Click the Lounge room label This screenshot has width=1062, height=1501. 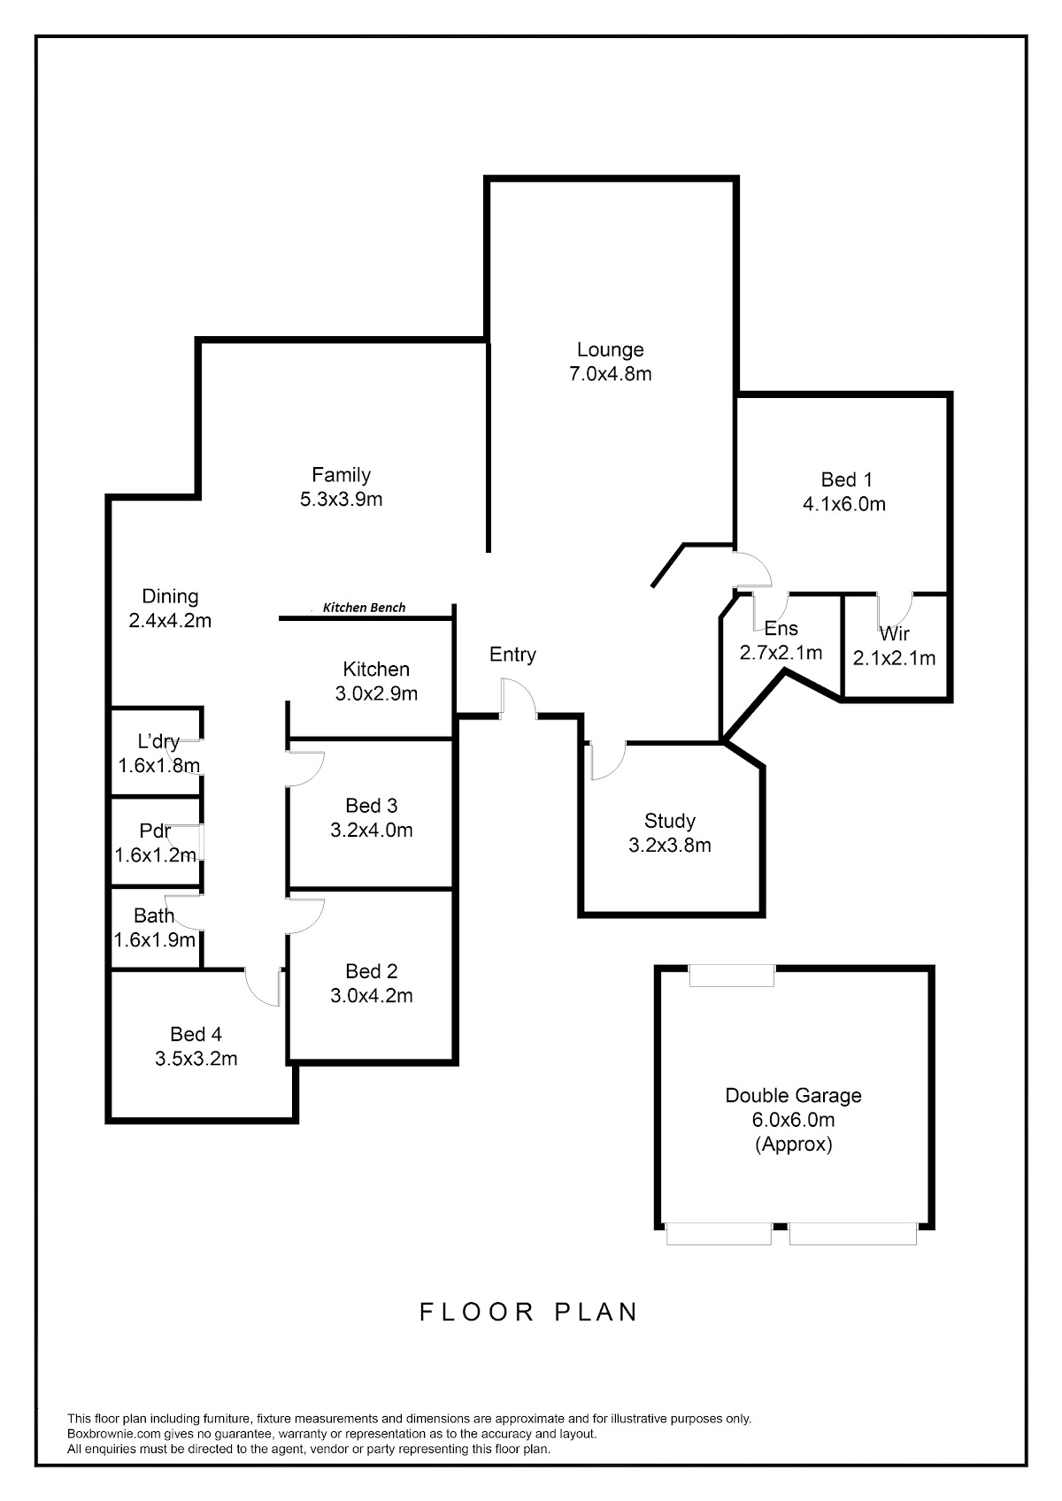coord(610,349)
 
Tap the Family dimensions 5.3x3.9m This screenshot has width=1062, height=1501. coord(342,499)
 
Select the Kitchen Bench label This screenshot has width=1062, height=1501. coord(364,608)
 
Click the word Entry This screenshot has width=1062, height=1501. coord(513,655)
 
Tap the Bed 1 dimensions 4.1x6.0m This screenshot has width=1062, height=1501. coord(844,504)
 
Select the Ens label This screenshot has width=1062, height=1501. coord(781,629)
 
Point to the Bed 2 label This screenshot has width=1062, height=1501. coord(372,971)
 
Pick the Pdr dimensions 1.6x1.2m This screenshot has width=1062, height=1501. coord(156,855)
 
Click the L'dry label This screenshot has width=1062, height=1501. coord(158,741)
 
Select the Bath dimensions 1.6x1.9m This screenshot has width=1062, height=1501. coord(154,940)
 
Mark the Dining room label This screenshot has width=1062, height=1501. coord(170,596)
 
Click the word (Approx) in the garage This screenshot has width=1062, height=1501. coord(793,1144)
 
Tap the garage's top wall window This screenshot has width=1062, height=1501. coord(732,976)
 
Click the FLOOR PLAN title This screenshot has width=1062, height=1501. coord(529,1312)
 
